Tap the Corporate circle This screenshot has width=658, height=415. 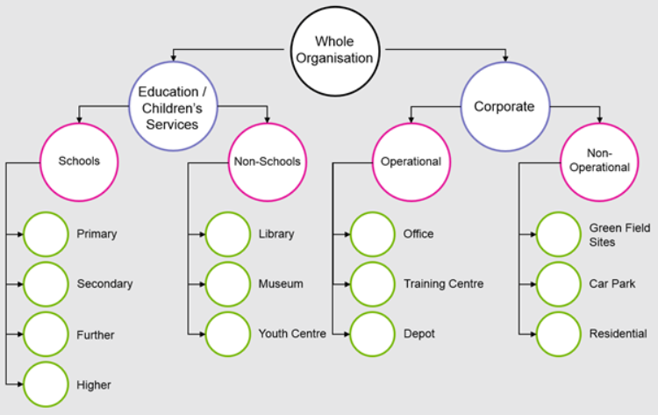[x=504, y=107]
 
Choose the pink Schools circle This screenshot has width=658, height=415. [x=79, y=161]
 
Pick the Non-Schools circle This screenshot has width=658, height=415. [x=268, y=161]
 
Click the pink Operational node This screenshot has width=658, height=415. [x=411, y=161]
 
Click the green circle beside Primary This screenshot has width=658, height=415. [x=46, y=234]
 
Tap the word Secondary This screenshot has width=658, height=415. [x=104, y=284]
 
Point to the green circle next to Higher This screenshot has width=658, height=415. [x=46, y=384]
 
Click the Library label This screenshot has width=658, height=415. [x=276, y=234]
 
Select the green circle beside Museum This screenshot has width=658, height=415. [x=228, y=284]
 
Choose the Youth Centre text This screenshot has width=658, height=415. [x=292, y=334]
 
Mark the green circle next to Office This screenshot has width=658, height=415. [x=373, y=234]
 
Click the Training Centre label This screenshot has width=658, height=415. [x=443, y=284]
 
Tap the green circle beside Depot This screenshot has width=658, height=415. [x=373, y=334]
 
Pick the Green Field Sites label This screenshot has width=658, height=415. [x=619, y=235]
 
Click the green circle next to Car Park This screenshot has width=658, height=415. [x=559, y=284]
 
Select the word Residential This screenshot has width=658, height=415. [x=618, y=334]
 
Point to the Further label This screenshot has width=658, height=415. [x=96, y=335]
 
